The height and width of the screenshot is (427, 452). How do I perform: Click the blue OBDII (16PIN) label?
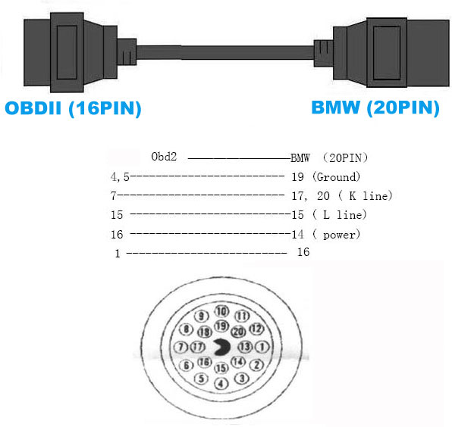coord(73,108)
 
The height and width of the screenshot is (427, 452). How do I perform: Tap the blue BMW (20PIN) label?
coord(375,108)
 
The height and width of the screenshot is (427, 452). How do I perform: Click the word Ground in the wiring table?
coord(337,177)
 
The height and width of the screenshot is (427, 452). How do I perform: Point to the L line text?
coord(343,215)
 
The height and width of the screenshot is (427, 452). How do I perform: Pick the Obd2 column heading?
coord(164,157)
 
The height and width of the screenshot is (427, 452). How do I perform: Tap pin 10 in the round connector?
coord(221,311)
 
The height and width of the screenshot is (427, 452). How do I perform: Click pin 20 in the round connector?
coord(238,332)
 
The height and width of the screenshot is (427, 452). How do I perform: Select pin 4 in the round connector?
coord(221,383)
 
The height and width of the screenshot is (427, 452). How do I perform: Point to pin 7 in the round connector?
coord(181,347)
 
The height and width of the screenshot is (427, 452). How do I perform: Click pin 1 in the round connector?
coord(262,347)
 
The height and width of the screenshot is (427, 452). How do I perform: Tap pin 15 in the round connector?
coord(221,368)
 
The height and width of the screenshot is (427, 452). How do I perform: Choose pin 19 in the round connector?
coord(221,326)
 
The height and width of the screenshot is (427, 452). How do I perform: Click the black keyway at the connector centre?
coord(222,347)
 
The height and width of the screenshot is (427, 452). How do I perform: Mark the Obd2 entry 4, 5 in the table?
coord(120,177)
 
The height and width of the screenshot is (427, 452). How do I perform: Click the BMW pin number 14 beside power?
coord(297,234)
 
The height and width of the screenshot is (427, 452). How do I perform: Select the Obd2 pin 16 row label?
coord(117,235)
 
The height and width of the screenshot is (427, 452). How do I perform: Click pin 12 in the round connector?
coord(256,329)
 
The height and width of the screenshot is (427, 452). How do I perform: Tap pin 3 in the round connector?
coord(242,378)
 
